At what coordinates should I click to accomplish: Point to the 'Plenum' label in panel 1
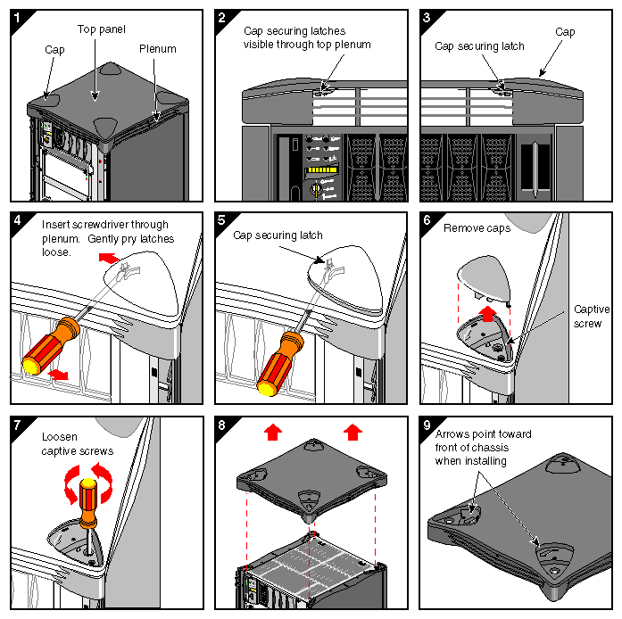[x=157, y=49]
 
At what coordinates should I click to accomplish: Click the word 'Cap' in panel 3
[x=565, y=31]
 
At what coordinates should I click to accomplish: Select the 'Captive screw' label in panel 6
[x=592, y=316]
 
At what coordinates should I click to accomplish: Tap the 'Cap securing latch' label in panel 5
[x=278, y=235]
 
